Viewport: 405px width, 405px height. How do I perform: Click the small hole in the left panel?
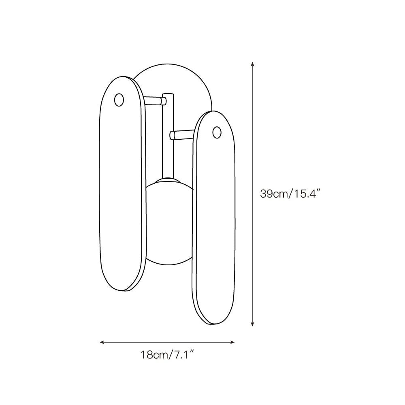pyautogui.click(x=119, y=100)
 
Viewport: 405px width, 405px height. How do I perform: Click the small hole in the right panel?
pyautogui.click(x=217, y=132)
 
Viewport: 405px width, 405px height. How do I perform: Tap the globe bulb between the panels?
pyautogui.click(x=169, y=222)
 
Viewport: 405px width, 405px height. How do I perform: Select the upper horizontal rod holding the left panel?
pyautogui.click(x=154, y=100)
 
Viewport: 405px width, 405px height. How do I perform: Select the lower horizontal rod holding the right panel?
pyautogui.click(x=182, y=135)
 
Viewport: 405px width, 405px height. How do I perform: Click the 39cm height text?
pyautogui.click(x=274, y=194)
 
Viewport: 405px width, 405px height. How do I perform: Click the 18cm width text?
pyautogui.click(x=154, y=355)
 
